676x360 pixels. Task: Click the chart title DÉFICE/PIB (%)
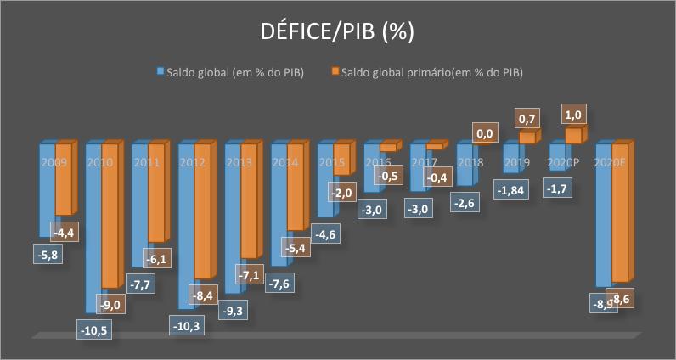pos(338,32)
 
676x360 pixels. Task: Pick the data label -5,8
pos(48,253)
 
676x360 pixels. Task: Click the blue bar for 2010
pos(95,229)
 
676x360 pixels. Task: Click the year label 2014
pos(286,161)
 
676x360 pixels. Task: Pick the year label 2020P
pos(561,161)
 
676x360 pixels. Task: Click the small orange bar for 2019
pos(527,138)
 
